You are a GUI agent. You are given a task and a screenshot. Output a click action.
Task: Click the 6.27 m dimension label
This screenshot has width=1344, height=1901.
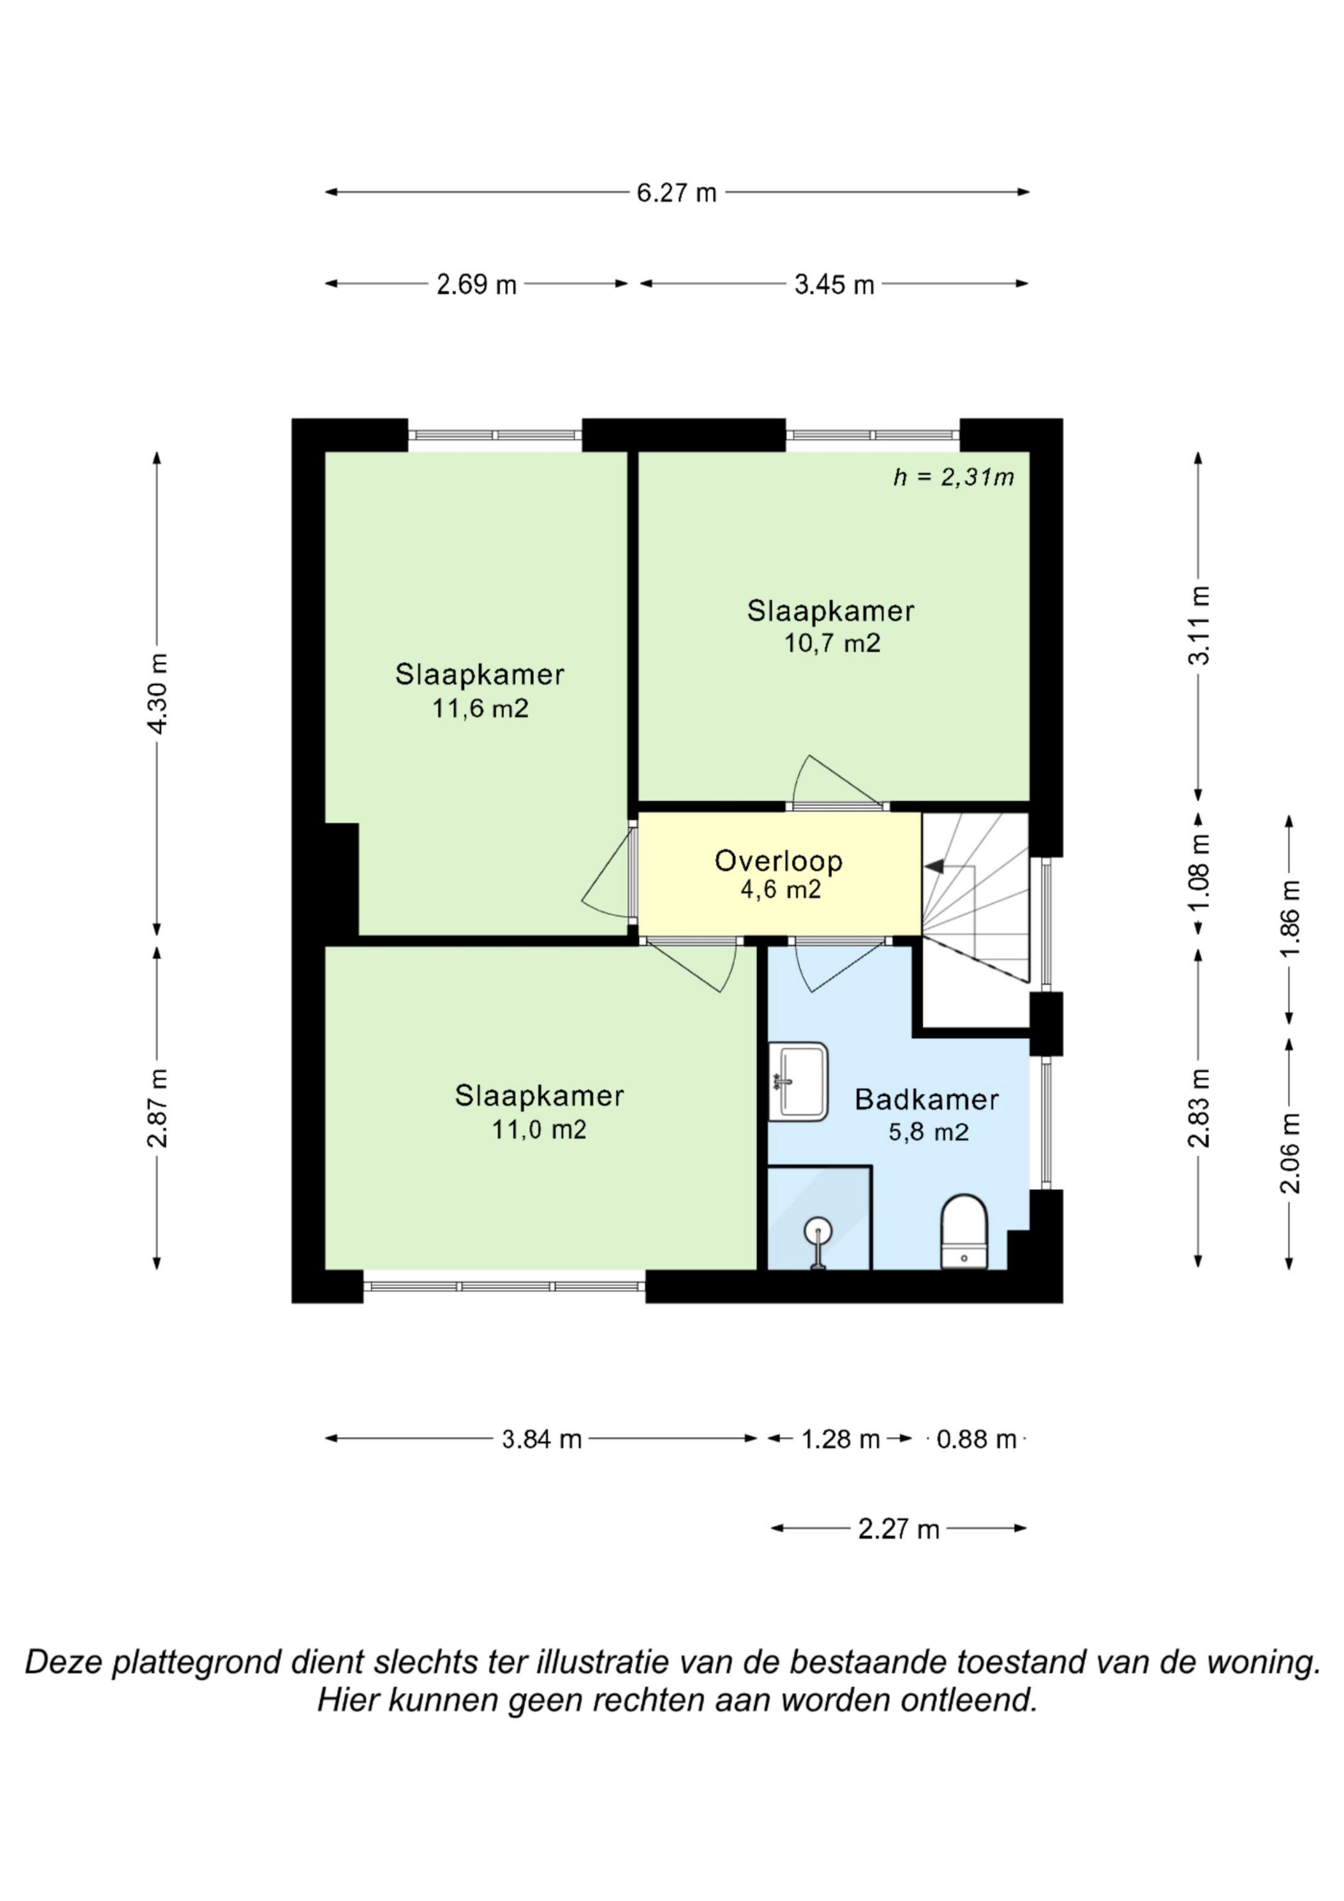coord(676,193)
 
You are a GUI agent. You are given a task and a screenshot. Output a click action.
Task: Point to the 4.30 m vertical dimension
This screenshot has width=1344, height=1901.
coord(157,694)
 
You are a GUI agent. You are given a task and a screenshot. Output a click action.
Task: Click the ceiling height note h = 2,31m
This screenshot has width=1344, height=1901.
coord(953,478)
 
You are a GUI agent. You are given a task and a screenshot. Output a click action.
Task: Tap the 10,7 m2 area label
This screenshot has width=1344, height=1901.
coord(833,643)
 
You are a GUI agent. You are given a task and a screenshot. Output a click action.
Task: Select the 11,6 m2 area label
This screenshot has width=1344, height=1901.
coord(480,709)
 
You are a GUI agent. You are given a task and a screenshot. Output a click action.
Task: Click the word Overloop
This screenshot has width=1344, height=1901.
coord(778,861)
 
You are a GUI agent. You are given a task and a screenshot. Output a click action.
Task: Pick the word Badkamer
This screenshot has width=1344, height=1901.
coord(926,1100)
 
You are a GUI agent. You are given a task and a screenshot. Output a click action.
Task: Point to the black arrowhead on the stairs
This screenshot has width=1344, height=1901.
coord(934,866)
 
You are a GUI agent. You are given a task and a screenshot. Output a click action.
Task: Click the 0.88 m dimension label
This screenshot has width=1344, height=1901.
coord(976,1440)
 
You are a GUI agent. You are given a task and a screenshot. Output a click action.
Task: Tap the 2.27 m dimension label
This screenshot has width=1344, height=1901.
coord(898,1530)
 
